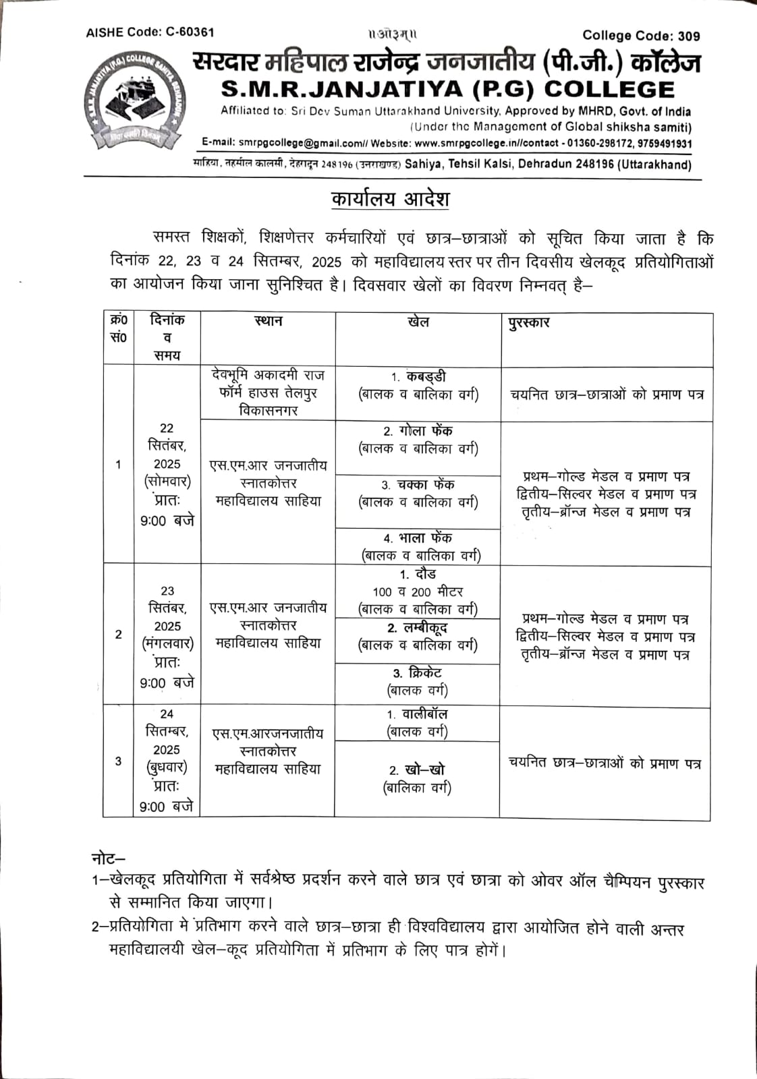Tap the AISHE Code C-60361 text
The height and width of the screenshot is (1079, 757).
pos(150,32)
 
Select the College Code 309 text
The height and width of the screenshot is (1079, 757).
pos(641,36)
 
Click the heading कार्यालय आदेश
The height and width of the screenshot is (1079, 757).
pos(390,200)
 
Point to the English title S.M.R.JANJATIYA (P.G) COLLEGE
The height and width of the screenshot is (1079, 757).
pos(447,90)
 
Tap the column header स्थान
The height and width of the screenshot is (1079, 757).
pos(268,322)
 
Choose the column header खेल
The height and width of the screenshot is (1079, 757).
pos(418,322)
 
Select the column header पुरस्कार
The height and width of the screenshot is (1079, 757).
pos(529,322)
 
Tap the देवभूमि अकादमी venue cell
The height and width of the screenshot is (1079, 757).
pos(268,392)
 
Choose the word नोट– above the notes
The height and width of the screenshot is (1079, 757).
pos(108,858)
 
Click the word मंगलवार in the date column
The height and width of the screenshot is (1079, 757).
pos(167,644)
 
